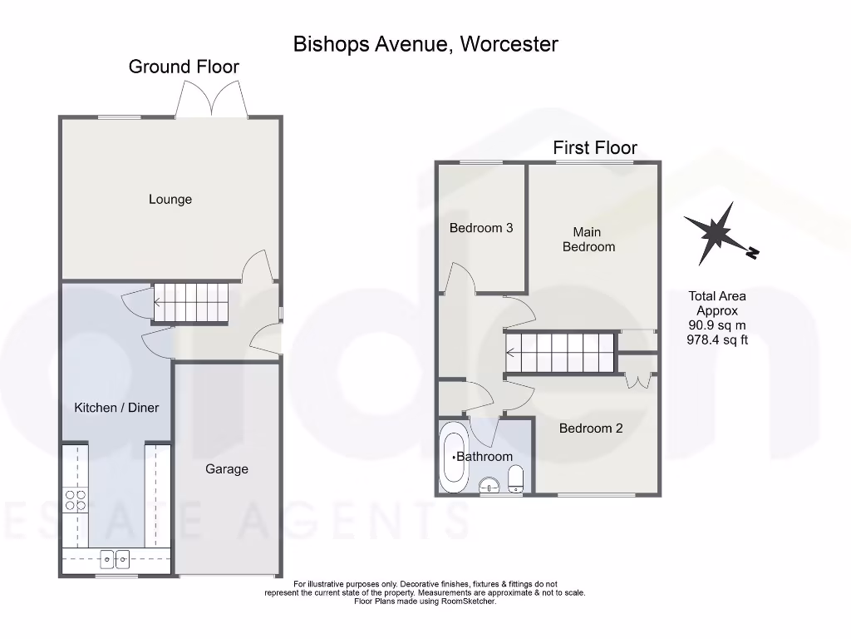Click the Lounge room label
(170, 199)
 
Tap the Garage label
(227, 469)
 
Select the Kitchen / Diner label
(116, 408)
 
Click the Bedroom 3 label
(481, 228)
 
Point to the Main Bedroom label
(588, 240)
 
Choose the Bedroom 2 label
(591, 428)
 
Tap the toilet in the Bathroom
(515, 478)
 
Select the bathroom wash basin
(490, 485)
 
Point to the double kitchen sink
(116, 558)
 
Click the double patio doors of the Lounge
(212, 102)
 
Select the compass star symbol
(716, 234)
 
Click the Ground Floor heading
(184, 67)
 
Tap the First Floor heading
(595, 148)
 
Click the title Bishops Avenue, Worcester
(425, 44)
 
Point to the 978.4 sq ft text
(718, 339)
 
